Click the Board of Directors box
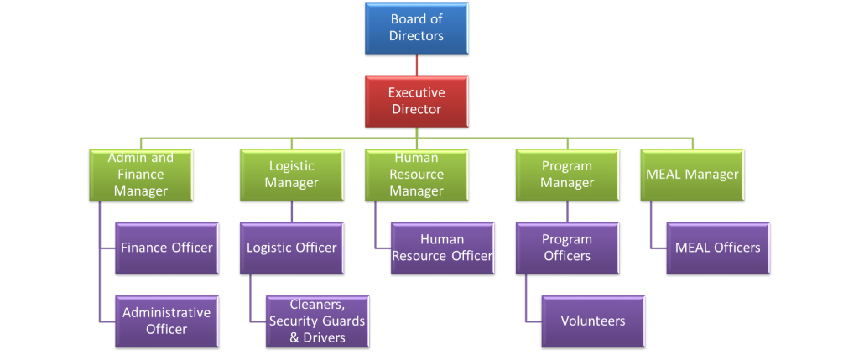click(416, 28)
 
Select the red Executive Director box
click(416, 101)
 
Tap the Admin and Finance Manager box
click(141, 175)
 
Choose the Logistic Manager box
click(291, 175)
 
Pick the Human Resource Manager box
click(416, 175)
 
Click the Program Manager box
click(567, 175)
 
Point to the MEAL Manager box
click(692, 175)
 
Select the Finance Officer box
click(167, 248)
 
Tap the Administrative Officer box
click(167, 321)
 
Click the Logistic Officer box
click(291, 248)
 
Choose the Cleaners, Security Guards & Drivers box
click(317, 321)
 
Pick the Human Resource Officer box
click(443, 248)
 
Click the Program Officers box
click(567, 248)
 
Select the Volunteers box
click(593, 321)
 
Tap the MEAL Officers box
click(718, 248)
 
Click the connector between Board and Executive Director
click(416, 65)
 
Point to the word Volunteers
click(593, 321)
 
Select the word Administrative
click(167, 313)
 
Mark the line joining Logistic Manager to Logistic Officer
click(291, 211)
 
